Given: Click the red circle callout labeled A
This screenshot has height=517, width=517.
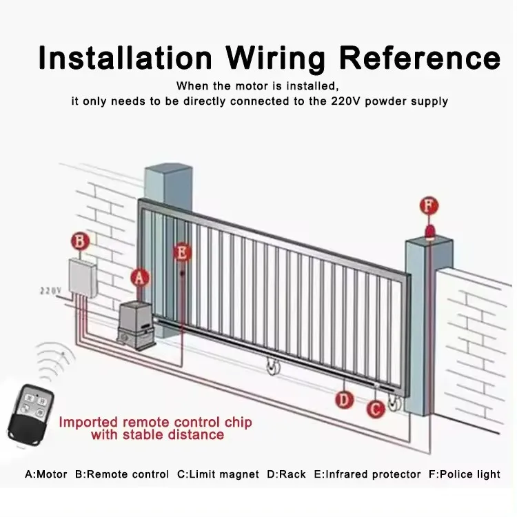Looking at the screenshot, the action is (x=140, y=277).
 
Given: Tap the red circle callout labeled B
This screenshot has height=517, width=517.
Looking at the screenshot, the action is (x=81, y=241).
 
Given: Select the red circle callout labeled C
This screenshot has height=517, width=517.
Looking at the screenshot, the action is (x=375, y=408).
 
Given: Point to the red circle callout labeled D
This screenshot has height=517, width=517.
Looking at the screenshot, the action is (x=343, y=399).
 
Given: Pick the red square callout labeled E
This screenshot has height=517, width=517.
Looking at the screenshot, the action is (x=182, y=253).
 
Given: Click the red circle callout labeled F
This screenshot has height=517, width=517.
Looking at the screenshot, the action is (x=429, y=205).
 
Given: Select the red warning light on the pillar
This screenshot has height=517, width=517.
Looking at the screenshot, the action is (x=430, y=230).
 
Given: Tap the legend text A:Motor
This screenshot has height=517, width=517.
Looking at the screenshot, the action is (x=46, y=474).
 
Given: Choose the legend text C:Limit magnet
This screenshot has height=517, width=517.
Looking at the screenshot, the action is (x=219, y=474).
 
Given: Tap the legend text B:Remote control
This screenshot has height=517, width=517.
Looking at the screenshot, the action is (x=122, y=474).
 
